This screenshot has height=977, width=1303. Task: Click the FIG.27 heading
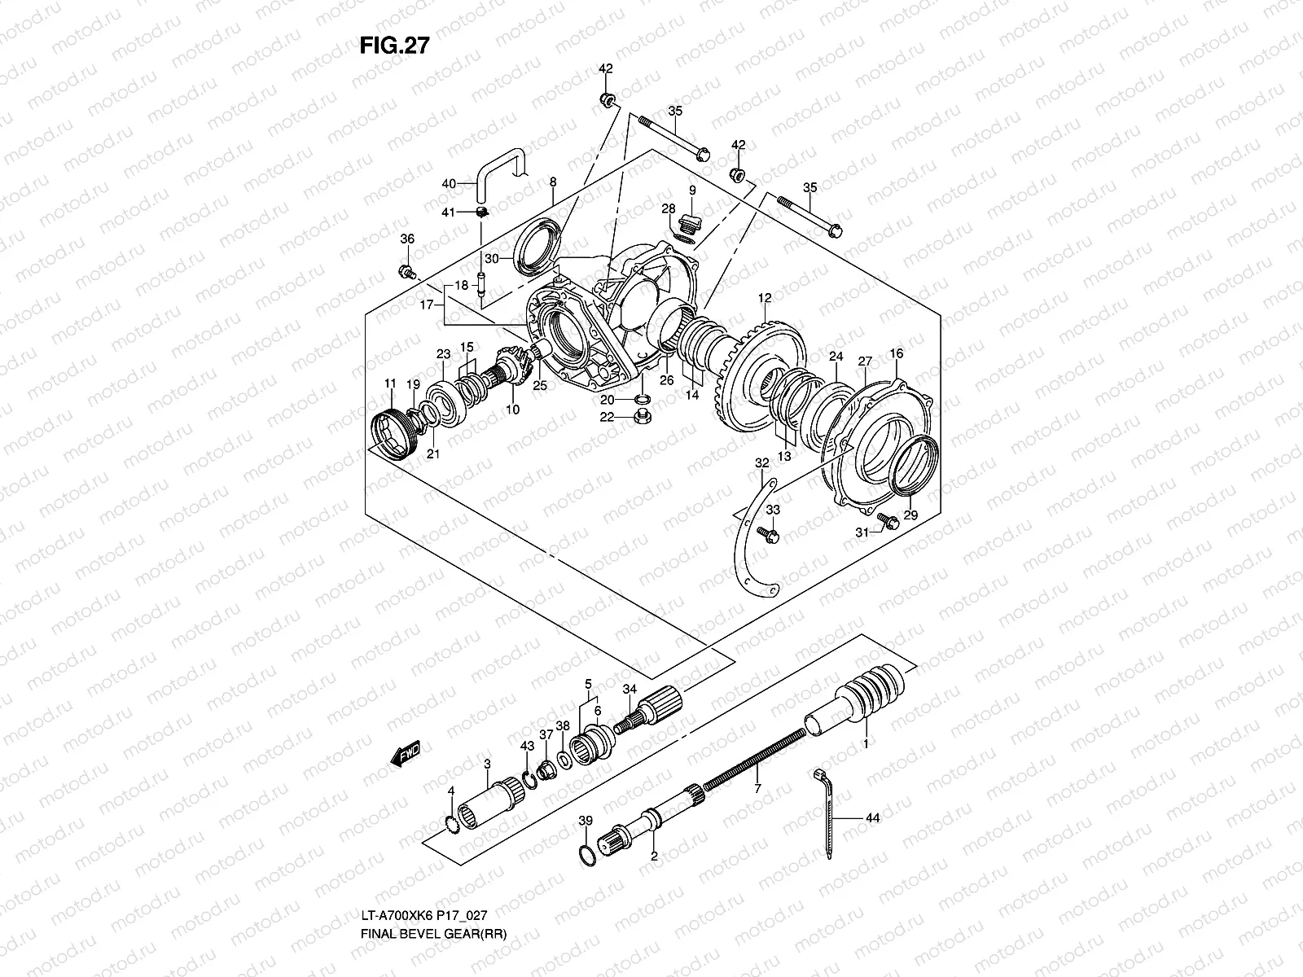tap(394, 46)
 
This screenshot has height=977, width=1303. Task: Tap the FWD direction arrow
tap(405, 753)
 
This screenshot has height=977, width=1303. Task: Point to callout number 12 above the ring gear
tap(765, 297)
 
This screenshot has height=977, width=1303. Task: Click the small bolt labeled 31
tap(887, 521)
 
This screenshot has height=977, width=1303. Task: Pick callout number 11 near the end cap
tap(390, 383)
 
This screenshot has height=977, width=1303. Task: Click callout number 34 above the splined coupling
tap(629, 690)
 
